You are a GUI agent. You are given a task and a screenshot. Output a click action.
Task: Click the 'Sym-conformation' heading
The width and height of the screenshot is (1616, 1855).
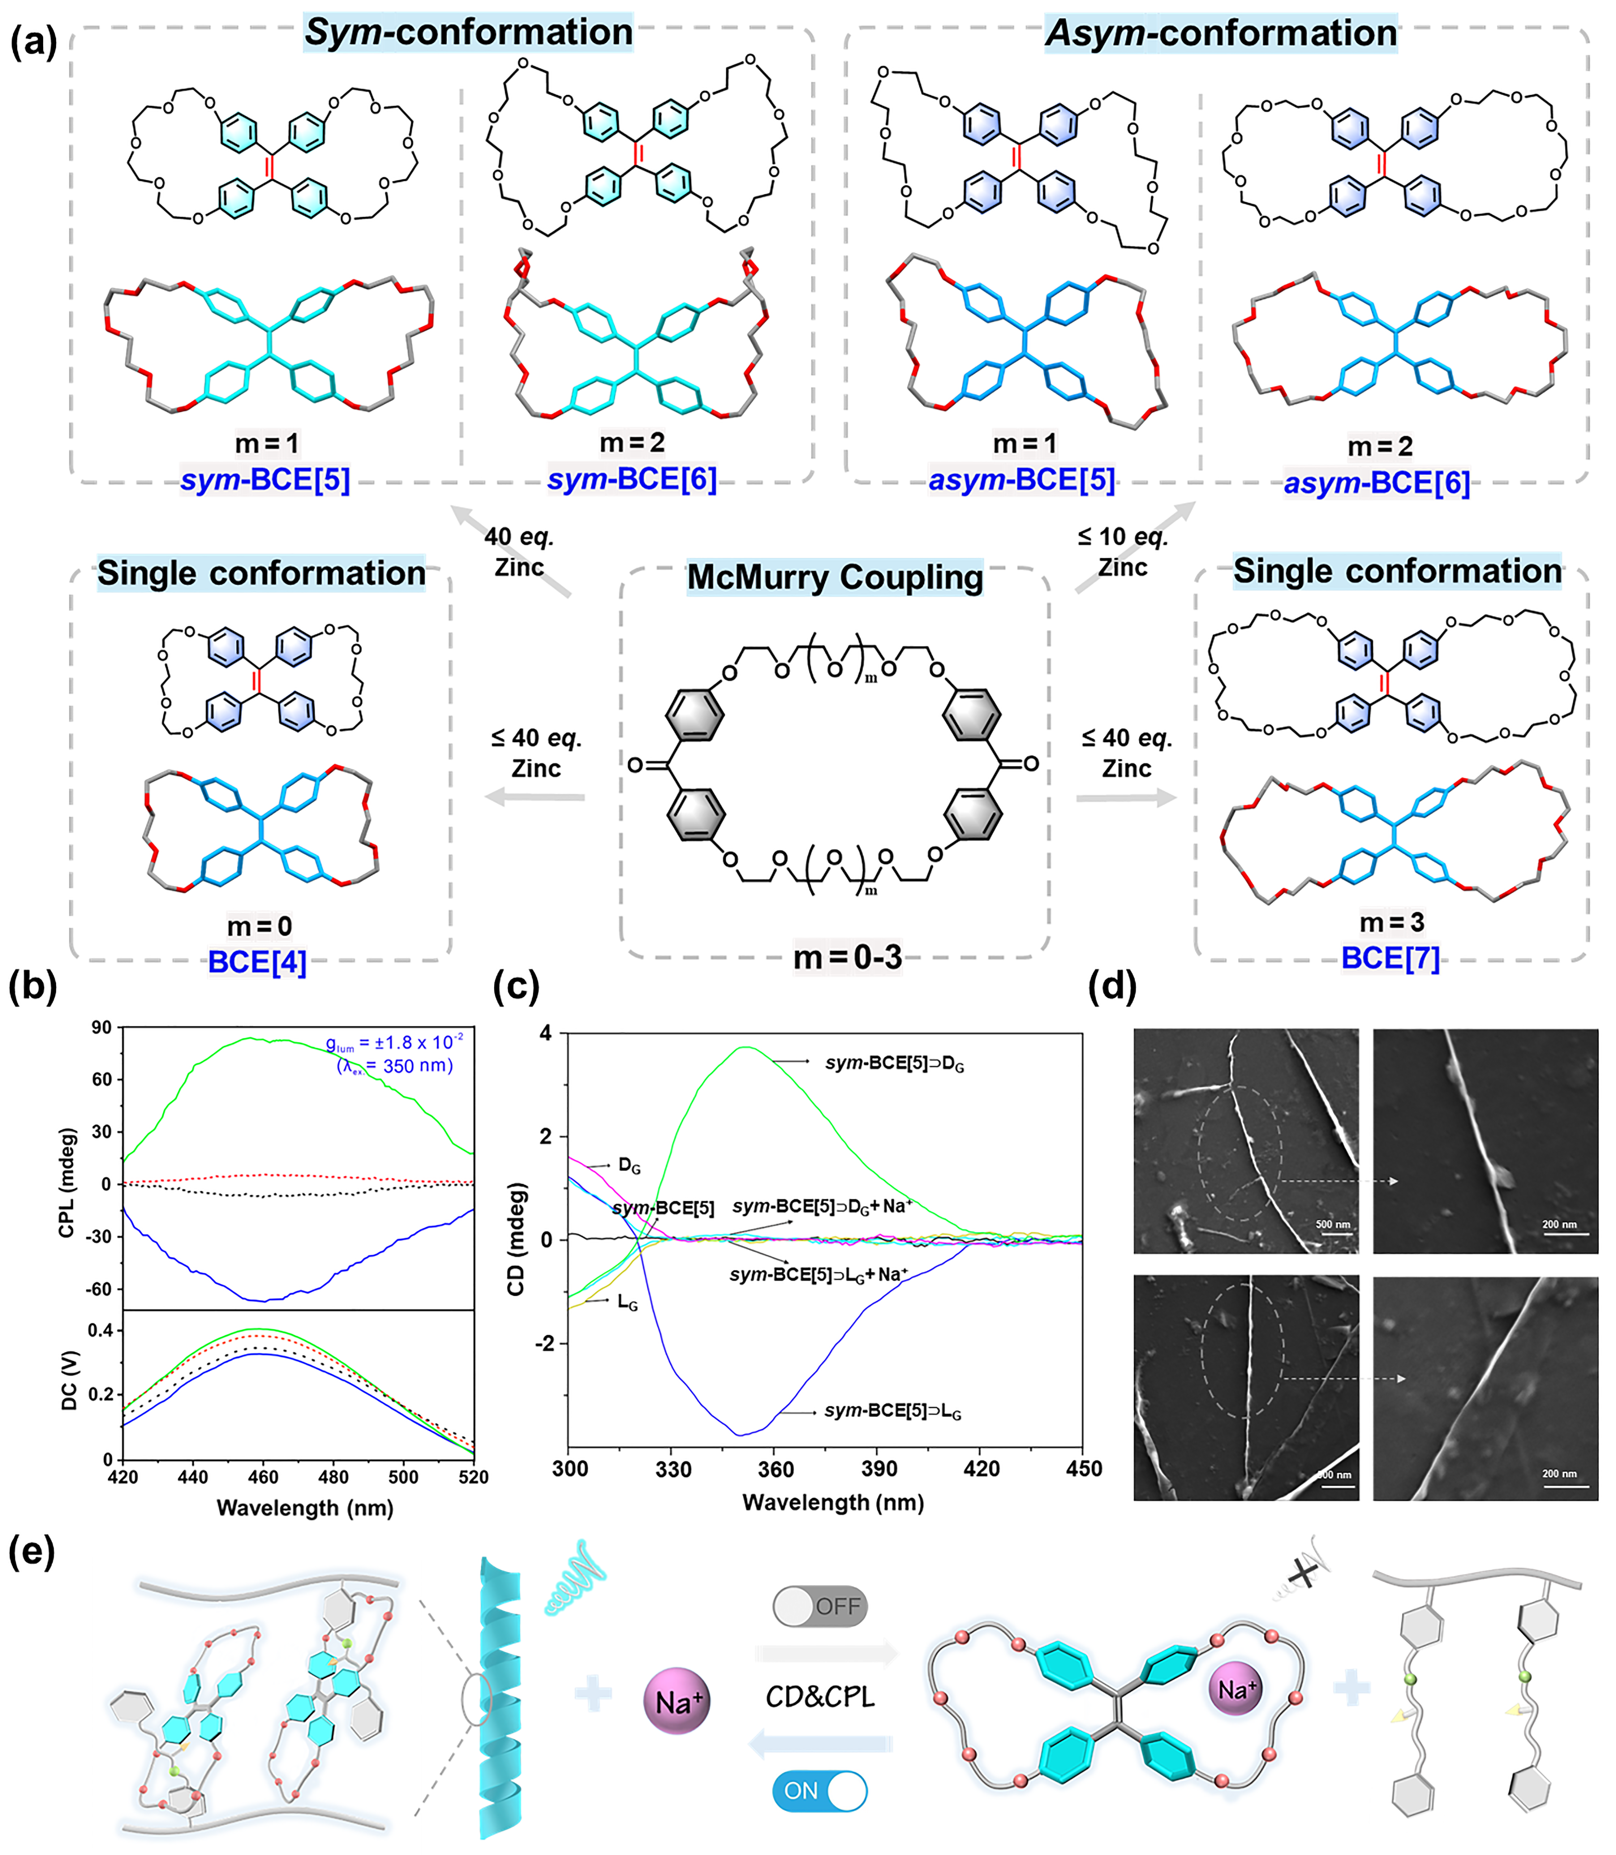[x=468, y=32]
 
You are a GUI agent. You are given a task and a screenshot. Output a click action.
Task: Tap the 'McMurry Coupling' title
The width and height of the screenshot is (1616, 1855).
[x=834, y=577]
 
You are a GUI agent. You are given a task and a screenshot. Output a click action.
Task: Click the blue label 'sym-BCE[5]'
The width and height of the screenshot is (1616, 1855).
[x=265, y=480]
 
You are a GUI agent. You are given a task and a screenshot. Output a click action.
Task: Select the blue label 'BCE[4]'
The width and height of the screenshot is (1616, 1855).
[x=257, y=962]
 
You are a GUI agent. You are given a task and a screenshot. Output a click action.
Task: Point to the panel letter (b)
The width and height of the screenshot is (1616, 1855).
[x=32, y=987]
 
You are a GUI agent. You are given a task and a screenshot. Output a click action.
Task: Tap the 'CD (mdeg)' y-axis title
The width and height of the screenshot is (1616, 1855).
[x=516, y=1239]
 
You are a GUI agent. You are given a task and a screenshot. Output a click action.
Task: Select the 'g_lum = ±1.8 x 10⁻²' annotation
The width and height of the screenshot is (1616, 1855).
[x=394, y=1044]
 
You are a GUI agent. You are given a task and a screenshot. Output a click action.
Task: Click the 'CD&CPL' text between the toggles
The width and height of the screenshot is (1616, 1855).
[x=820, y=1697]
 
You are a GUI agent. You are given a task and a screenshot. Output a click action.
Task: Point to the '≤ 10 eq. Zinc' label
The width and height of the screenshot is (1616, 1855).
[x=1123, y=552]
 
